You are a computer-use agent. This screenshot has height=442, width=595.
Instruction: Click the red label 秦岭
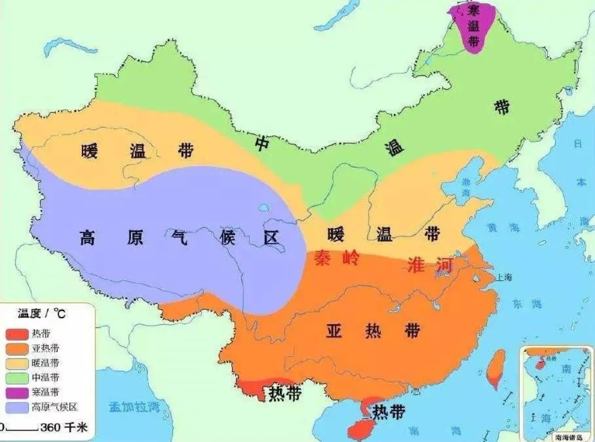(x=336, y=258)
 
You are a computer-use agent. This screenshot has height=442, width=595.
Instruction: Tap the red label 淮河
(x=430, y=265)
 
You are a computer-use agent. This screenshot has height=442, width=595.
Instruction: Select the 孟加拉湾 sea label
(x=134, y=407)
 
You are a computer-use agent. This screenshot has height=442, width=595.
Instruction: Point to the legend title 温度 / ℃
(x=41, y=314)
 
